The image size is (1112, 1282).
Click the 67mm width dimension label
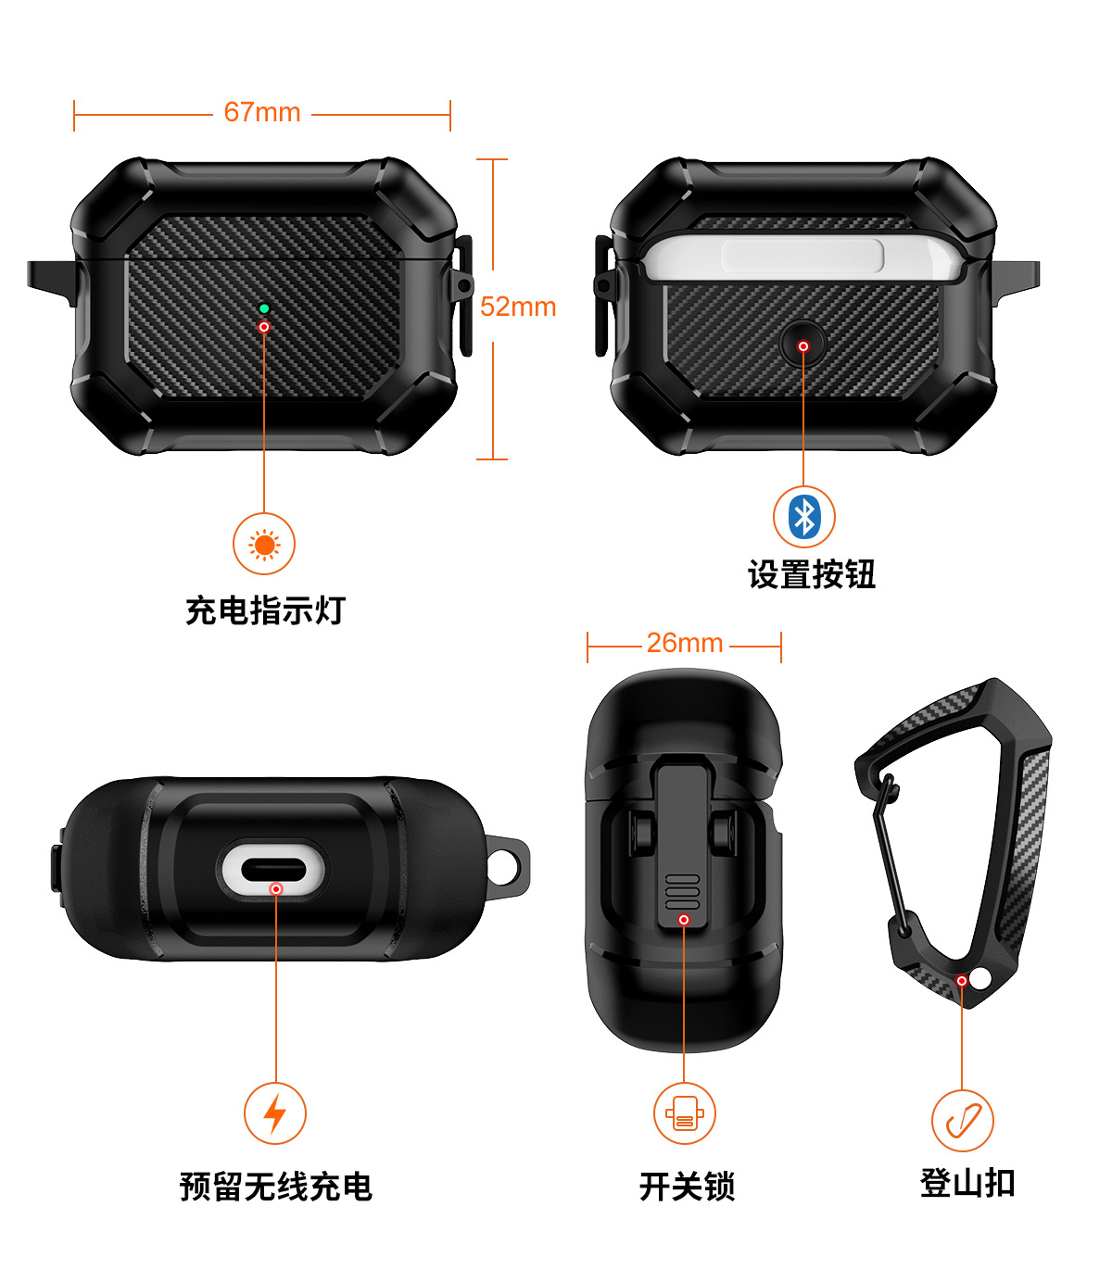point(262,112)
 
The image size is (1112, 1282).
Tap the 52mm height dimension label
point(518,307)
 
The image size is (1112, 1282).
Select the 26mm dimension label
point(685,643)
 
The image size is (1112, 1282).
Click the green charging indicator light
point(264,308)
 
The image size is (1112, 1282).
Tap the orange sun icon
point(264,545)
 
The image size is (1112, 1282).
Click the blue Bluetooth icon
point(804,517)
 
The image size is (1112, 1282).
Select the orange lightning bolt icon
point(275,1113)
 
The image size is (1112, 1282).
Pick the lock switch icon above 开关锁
point(684,1113)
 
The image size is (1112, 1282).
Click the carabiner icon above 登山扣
point(963,1121)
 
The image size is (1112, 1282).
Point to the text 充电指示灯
point(265,611)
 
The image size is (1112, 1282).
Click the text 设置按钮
point(812,575)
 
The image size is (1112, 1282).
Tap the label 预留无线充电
point(275,1187)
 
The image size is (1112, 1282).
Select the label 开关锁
point(687,1187)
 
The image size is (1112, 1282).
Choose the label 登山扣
point(967,1184)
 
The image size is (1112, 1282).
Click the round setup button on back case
point(802,345)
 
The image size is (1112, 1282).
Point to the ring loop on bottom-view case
point(508,865)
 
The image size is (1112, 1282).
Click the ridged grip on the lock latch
point(683,890)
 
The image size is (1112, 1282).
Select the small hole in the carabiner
point(980,977)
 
